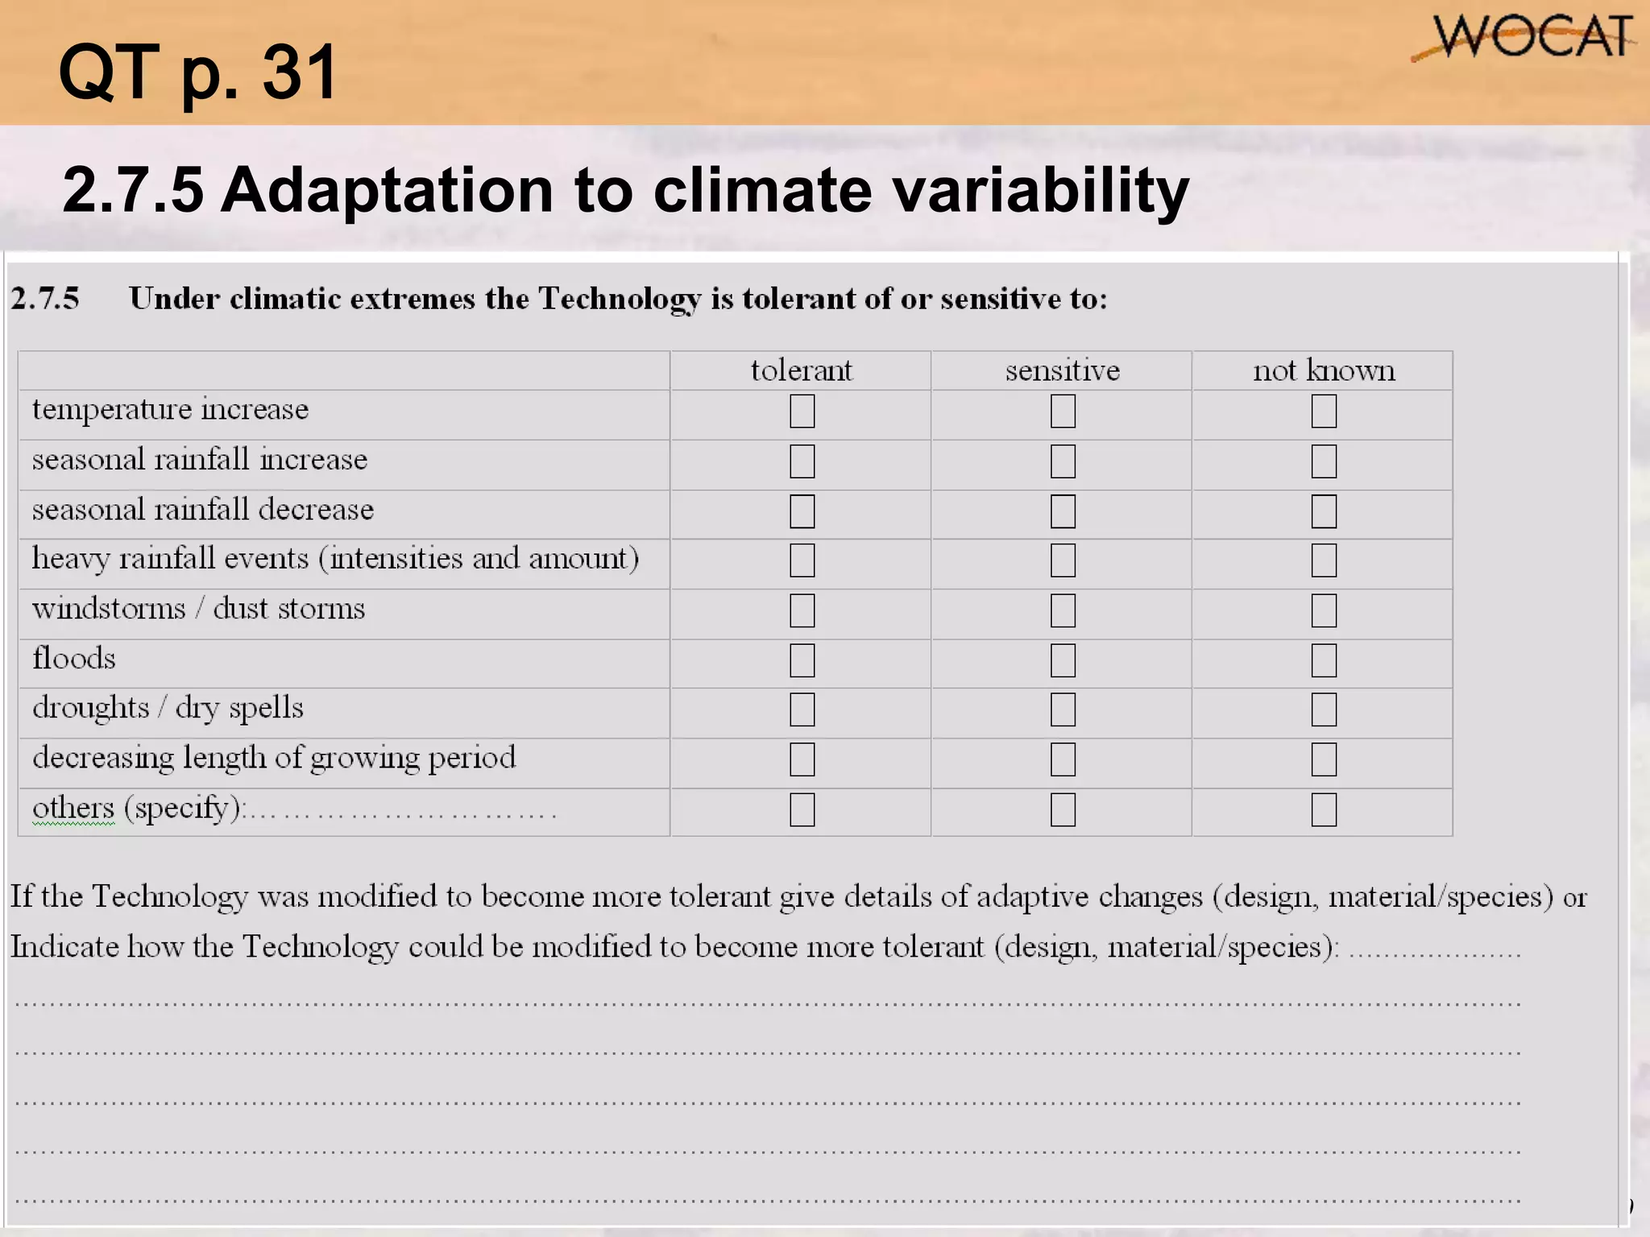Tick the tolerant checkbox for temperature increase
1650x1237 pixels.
(x=802, y=411)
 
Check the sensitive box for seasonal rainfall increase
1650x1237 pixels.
(x=1063, y=461)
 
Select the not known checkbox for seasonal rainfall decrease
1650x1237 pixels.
(x=1324, y=511)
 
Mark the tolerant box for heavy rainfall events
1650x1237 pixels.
(x=802, y=561)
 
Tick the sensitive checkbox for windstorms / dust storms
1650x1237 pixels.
(x=1063, y=610)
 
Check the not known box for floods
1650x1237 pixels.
(x=1324, y=660)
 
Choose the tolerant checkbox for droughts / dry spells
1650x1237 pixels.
(x=802, y=710)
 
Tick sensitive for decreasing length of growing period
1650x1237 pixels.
(x=1063, y=759)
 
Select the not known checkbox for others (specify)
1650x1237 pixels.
(x=1324, y=809)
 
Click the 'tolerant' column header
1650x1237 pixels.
(x=801, y=370)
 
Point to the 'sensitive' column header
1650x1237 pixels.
(x=1062, y=370)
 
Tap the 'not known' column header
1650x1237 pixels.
(x=1323, y=370)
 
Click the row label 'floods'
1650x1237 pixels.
(x=74, y=659)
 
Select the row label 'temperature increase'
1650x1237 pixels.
(x=170, y=410)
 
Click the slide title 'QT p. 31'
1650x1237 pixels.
(x=198, y=73)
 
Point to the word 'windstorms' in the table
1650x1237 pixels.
(x=109, y=609)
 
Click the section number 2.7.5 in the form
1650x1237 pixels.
(x=45, y=299)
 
